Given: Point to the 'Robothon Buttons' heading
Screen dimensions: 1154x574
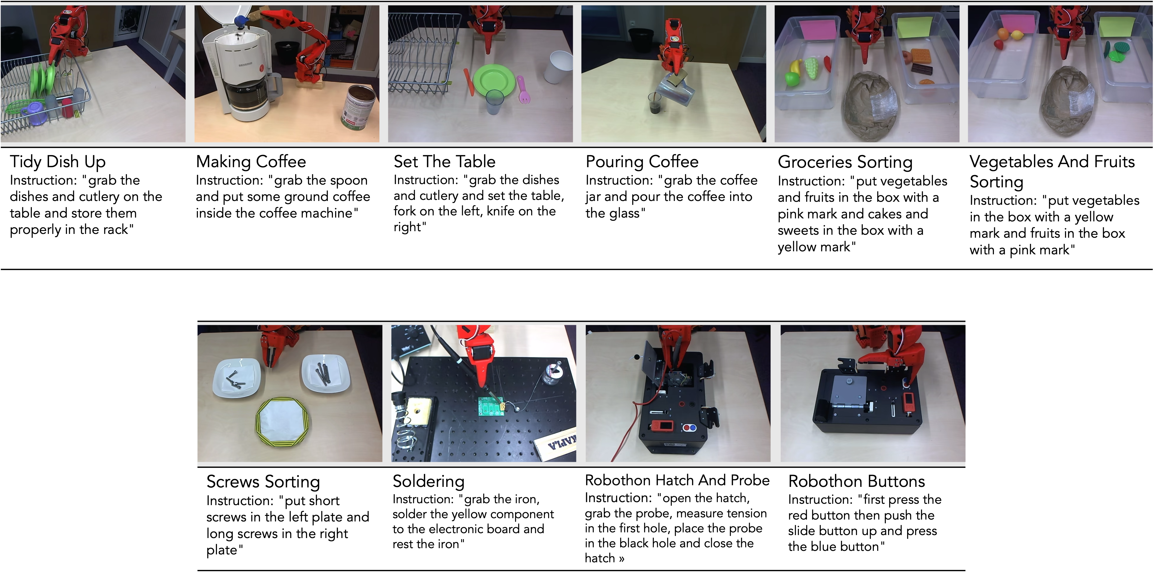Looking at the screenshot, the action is coord(856,481).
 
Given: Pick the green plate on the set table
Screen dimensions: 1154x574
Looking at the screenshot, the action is coord(493,81).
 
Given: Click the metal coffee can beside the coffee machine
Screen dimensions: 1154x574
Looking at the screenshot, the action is coord(358,108).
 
